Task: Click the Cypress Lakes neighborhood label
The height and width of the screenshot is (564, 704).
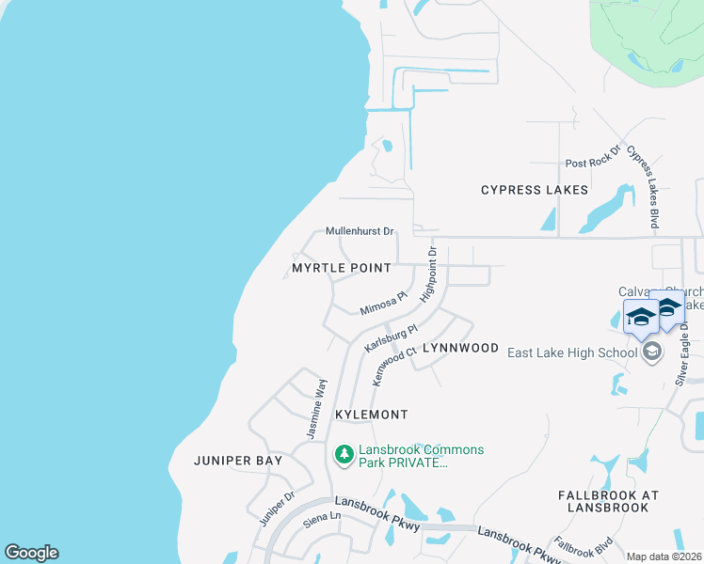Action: point(534,190)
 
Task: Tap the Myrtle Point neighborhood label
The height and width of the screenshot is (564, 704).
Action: point(341,268)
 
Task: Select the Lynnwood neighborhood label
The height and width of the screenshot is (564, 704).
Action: point(460,348)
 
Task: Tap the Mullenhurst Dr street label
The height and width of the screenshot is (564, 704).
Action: point(360,231)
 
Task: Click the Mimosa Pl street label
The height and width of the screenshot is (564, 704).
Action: point(383,303)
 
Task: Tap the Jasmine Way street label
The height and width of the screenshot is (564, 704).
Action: point(316,409)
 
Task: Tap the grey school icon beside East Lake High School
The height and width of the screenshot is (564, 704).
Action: point(650,352)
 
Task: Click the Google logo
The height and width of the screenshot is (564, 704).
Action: point(31,553)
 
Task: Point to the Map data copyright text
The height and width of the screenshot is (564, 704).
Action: point(664,556)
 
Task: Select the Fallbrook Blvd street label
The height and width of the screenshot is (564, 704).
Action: point(584,547)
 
